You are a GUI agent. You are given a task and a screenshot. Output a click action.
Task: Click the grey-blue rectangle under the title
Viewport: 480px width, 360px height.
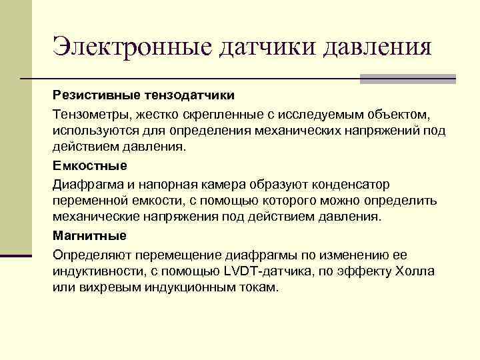click(407, 79)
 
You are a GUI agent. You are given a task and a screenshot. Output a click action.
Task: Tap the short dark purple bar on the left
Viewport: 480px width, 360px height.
click(16, 255)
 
